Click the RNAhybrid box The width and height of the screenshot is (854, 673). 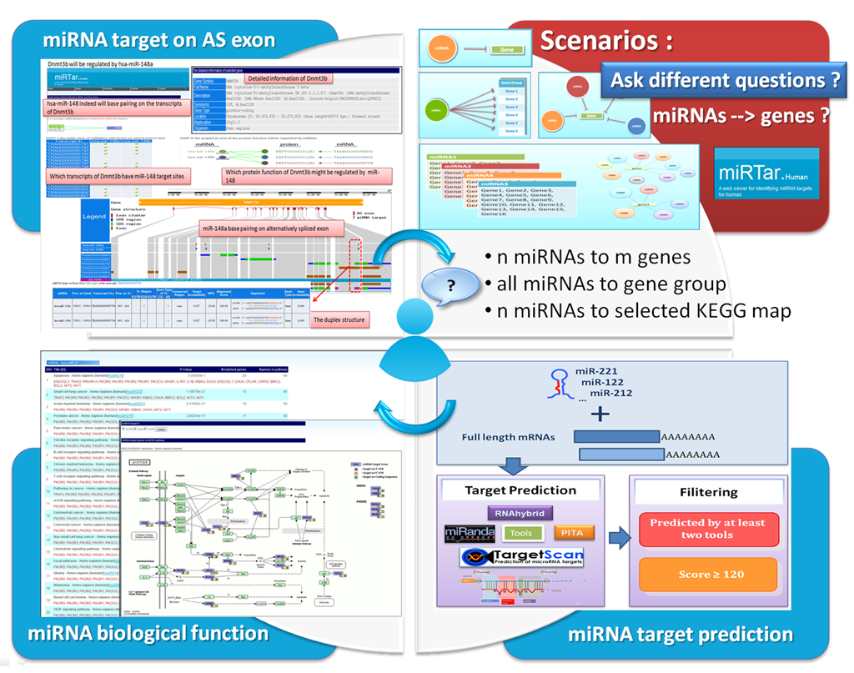(x=520, y=513)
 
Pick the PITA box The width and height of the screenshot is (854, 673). (x=571, y=532)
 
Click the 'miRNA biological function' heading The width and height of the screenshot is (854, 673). (x=148, y=633)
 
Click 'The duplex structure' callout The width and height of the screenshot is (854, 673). (x=338, y=319)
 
